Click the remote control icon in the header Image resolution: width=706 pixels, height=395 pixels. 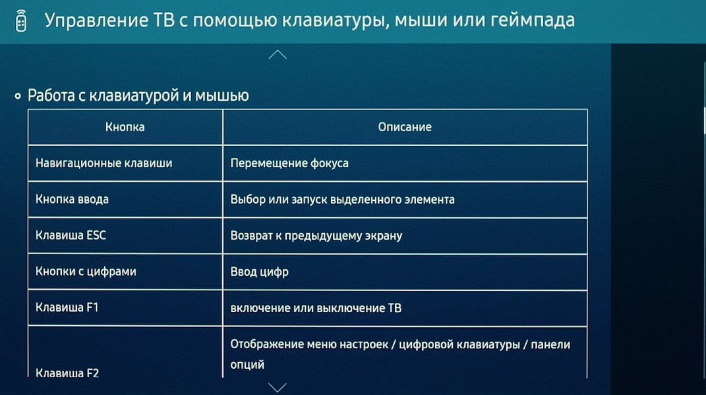click(x=21, y=20)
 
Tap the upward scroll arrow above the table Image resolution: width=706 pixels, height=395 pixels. click(x=278, y=55)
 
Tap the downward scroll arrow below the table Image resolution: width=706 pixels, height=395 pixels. click(x=278, y=387)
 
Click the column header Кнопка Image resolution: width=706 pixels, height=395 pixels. click(x=125, y=127)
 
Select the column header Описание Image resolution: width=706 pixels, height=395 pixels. click(x=405, y=127)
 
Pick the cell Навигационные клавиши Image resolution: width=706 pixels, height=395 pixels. click(x=103, y=163)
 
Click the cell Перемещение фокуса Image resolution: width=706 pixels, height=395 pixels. click(x=289, y=163)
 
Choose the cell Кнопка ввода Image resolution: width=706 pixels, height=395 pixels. click(x=72, y=199)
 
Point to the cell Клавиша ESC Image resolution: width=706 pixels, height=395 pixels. click(x=71, y=235)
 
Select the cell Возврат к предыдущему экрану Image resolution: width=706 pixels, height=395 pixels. click(x=316, y=235)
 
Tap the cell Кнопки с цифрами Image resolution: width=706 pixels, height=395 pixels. click(x=86, y=271)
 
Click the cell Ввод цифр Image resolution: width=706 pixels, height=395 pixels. click(x=259, y=272)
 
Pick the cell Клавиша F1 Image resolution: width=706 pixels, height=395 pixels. click(x=67, y=307)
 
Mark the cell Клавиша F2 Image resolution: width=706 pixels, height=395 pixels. click(x=67, y=373)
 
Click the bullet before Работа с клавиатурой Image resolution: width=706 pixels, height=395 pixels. click(x=18, y=96)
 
